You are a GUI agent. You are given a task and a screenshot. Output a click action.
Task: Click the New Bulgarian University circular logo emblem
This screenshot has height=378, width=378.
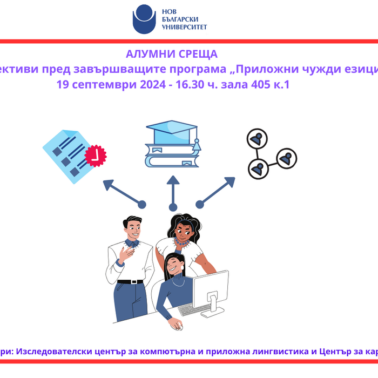coord(144,18)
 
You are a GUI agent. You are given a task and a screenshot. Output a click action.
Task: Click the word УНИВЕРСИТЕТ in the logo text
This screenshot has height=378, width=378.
coord(184,26)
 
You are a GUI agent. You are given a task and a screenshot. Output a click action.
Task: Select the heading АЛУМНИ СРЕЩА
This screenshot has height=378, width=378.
coord(171,54)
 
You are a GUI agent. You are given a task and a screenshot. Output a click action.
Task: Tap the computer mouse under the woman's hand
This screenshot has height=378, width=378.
coord(179,327)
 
